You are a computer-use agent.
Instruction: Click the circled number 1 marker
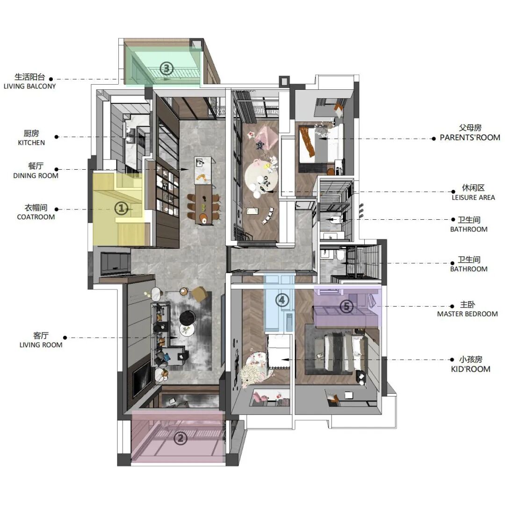[x=122, y=209]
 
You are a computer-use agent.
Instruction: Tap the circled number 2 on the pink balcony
[x=180, y=438]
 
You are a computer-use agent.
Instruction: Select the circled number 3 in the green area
[x=166, y=68]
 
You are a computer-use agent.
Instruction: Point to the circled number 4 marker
[x=282, y=300]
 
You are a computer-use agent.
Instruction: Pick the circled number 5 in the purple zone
[x=346, y=306]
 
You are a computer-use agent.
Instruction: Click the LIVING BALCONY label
[x=29, y=87]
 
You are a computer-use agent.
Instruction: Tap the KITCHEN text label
[x=31, y=143]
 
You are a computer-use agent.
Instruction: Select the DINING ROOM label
[x=36, y=176]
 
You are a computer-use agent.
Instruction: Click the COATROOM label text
[x=36, y=217]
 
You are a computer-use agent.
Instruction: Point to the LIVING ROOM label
[x=41, y=345]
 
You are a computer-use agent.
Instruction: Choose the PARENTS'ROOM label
[x=470, y=137]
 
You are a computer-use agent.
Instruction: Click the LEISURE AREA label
[x=473, y=197]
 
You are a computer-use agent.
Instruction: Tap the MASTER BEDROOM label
[x=467, y=314]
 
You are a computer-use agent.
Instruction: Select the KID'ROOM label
[x=470, y=369]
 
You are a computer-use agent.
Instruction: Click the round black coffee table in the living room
[x=188, y=318]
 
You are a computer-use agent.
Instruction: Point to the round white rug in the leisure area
[x=261, y=176]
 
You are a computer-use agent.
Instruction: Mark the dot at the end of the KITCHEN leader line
[x=57, y=137]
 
